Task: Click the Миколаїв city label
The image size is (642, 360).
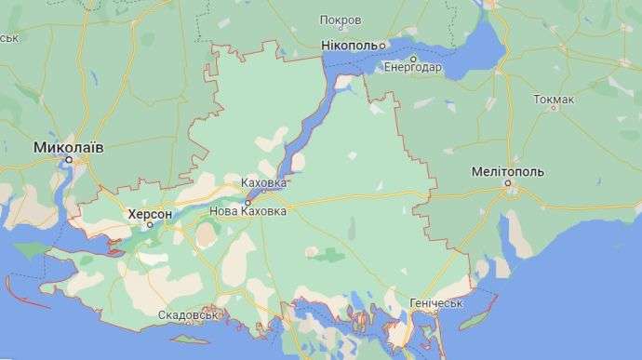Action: tap(68, 147)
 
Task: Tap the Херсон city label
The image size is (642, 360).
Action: tap(150, 214)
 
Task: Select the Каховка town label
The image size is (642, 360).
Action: tap(263, 182)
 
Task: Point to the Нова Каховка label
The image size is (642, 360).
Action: tap(249, 210)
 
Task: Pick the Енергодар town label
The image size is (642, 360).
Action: tap(414, 67)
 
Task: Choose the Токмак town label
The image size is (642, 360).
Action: tap(554, 99)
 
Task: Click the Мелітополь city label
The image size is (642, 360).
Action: tap(508, 172)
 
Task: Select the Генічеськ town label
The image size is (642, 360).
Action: tap(436, 303)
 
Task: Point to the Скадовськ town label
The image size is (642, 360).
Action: tap(188, 314)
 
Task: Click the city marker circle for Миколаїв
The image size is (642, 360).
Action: tap(68, 159)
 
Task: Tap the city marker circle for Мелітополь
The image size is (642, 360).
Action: tap(508, 184)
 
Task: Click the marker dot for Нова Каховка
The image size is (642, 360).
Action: tap(247, 201)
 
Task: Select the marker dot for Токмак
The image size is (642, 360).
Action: tap(554, 109)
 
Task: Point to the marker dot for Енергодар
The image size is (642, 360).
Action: tap(387, 68)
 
